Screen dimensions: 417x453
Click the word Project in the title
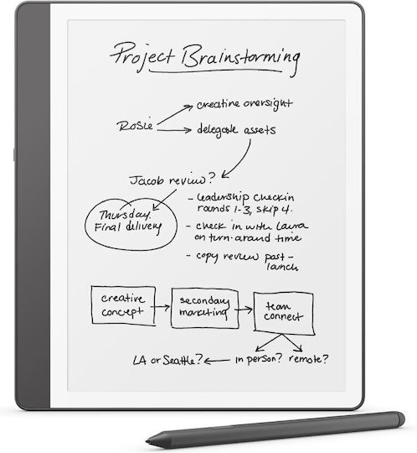click(142, 56)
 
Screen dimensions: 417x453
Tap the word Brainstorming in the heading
click(241, 59)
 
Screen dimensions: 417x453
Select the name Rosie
click(135, 126)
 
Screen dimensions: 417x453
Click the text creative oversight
click(245, 104)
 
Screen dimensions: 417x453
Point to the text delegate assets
click(236, 130)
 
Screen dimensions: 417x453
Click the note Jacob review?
click(172, 180)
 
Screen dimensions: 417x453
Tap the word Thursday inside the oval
click(125, 215)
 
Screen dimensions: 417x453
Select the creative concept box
click(123, 305)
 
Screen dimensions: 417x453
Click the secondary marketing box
click(205, 308)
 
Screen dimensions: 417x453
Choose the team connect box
click(284, 314)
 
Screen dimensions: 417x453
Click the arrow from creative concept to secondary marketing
click(160, 307)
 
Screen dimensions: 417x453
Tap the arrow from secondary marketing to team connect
click(244, 310)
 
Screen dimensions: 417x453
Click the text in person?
click(259, 359)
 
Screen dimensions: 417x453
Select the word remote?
click(308, 359)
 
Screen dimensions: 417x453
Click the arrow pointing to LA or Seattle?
click(217, 361)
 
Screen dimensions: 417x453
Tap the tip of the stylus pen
click(147, 442)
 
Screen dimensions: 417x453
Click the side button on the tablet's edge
click(14, 154)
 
